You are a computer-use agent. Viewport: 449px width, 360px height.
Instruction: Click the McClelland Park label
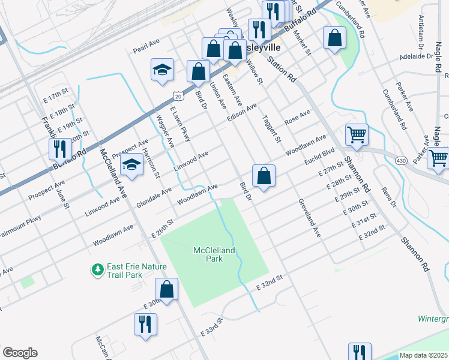(x=215, y=254)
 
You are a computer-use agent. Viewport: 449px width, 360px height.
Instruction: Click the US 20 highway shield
(x=178, y=95)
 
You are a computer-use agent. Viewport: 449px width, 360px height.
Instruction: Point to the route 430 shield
(x=400, y=160)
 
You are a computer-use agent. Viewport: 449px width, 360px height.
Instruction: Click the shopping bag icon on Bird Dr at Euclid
(x=264, y=176)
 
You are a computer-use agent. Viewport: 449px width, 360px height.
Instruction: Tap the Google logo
(x=20, y=353)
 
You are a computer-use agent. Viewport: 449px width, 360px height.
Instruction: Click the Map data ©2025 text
(x=423, y=355)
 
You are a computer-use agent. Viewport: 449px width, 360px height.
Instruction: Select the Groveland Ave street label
(x=310, y=219)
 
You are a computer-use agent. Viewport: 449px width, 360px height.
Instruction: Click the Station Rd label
(x=282, y=69)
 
